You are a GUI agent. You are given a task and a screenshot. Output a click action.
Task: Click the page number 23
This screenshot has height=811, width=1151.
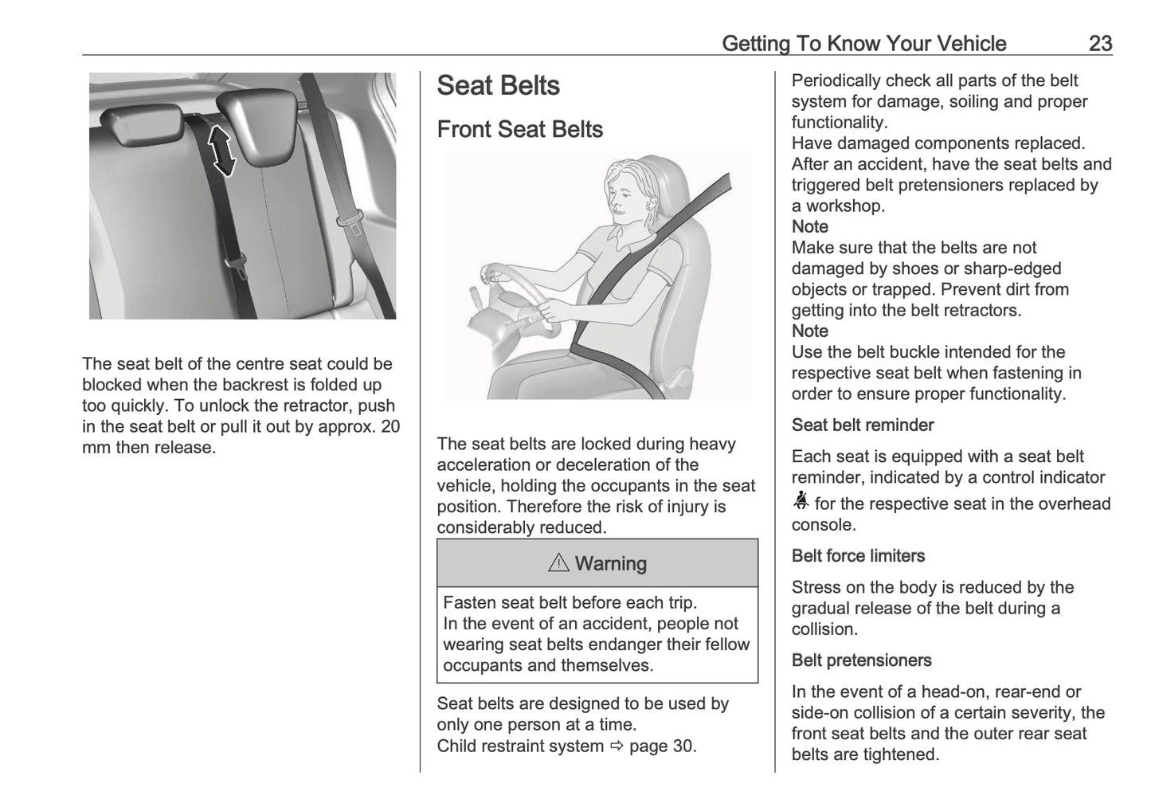(x=1100, y=44)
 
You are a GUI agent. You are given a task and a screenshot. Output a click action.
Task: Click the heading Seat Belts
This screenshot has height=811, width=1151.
(x=499, y=86)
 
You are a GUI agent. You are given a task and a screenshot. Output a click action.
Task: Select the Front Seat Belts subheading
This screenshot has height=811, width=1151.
(x=519, y=129)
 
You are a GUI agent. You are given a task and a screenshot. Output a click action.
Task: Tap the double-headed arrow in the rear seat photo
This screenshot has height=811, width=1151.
(x=221, y=151)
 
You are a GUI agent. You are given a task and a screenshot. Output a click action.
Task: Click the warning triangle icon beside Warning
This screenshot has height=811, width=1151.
(x=559, y=563)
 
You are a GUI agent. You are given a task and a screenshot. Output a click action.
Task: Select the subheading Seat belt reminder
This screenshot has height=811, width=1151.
(x=862, y=425)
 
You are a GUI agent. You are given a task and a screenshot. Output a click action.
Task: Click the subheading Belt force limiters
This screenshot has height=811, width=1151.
(x=858, y=556)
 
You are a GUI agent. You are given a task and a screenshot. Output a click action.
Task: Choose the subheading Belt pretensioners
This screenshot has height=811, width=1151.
(x=861, y=660)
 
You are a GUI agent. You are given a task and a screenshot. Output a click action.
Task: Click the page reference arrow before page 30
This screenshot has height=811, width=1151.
(x=617, y=746)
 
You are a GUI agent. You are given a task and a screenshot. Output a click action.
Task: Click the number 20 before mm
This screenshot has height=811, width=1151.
(x=390, y=426)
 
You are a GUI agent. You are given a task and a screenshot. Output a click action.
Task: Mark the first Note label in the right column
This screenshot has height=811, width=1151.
(x=809, y=227)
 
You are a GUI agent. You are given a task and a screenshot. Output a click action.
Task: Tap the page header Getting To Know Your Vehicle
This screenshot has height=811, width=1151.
(x=863, y=44)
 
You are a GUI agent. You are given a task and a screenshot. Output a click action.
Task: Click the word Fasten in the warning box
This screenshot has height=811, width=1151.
(x=468, y=603)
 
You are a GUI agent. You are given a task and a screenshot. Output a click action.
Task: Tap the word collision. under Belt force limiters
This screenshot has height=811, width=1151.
(x=824, y=629)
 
